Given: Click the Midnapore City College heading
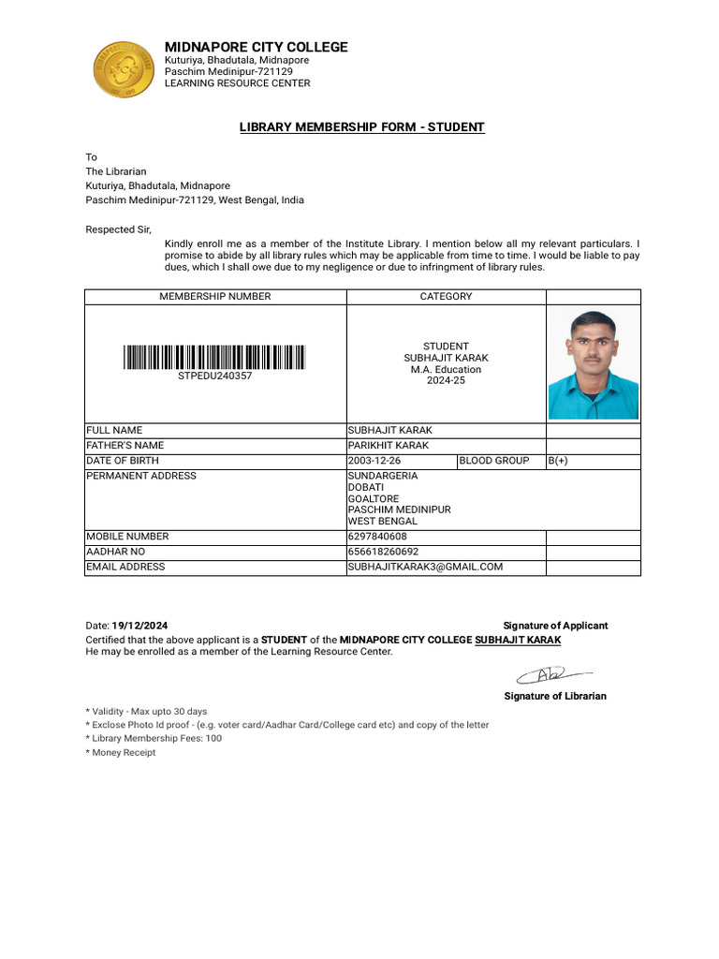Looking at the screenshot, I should pos(256,47).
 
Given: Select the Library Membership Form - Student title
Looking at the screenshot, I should pos(362,126).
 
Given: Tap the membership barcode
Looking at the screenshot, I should pos(214,357).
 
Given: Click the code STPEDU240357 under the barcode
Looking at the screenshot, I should pos(214,376).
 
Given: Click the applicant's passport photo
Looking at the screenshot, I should pos(593,364).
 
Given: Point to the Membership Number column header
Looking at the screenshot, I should pos(214,296).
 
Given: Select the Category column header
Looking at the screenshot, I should pos(446,296).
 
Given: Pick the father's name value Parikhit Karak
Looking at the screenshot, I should pos(389,446).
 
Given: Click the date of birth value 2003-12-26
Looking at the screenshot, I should pos(374,461).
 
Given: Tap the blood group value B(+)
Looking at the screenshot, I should pos(558,461).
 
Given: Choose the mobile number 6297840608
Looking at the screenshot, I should pos(377,537).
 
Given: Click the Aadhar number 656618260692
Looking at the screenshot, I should pos(383,552).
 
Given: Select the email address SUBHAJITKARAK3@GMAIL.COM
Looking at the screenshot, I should pos(425,567).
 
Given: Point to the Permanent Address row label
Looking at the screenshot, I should pos(141,476).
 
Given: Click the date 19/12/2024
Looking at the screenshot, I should pos(140,626).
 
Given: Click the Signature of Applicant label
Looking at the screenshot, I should pos(555,626).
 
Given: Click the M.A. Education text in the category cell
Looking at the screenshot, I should pos(446,369).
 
